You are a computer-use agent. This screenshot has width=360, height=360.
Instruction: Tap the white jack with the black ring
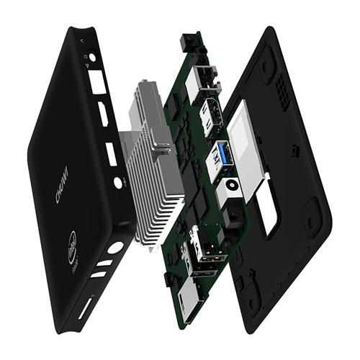(x=232, y=184)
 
